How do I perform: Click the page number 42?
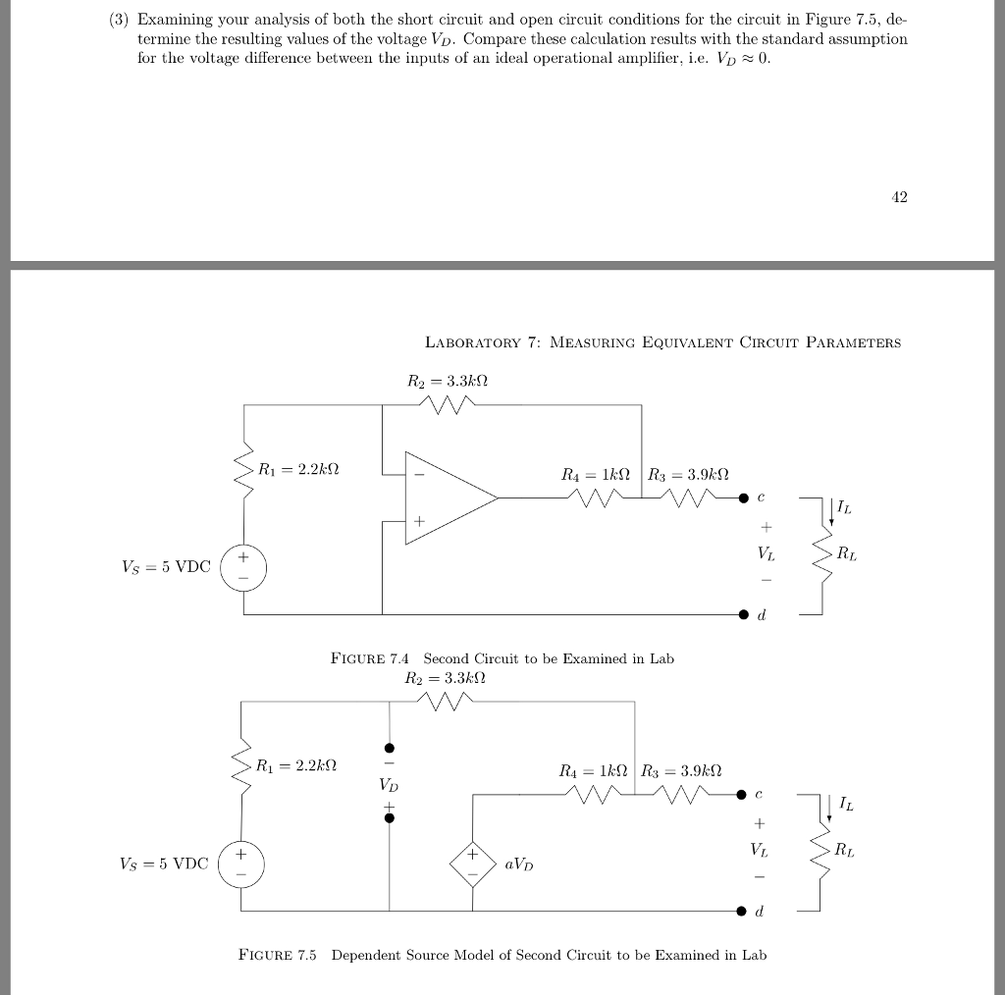[x=899, y=197]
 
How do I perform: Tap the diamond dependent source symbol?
[x=473, y=864]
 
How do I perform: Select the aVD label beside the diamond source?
[x=519, y=864]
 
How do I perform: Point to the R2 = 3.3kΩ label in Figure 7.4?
[x=448, y=380]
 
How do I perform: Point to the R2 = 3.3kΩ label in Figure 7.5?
[x=446, y=677]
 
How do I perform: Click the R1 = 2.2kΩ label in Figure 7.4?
[x=297, y=470]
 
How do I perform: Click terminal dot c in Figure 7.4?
[x=745, y=497]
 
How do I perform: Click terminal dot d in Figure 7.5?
[x=745, y=912]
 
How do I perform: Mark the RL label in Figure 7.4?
[x=845, y=554]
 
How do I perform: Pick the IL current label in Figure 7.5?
[x=847, y=805]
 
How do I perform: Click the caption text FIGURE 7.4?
[x=372, y=658]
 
